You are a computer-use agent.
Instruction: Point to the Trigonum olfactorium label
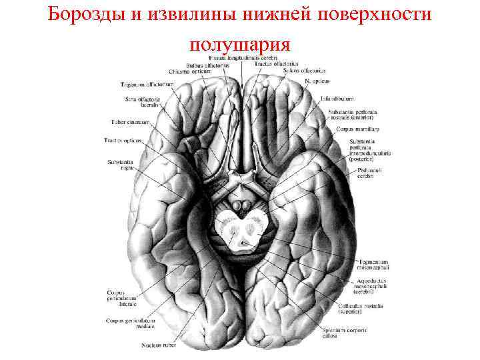click(147, 85)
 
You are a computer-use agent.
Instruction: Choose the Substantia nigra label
click(119, 165)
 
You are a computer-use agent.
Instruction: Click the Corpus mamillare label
click(357, 128)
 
